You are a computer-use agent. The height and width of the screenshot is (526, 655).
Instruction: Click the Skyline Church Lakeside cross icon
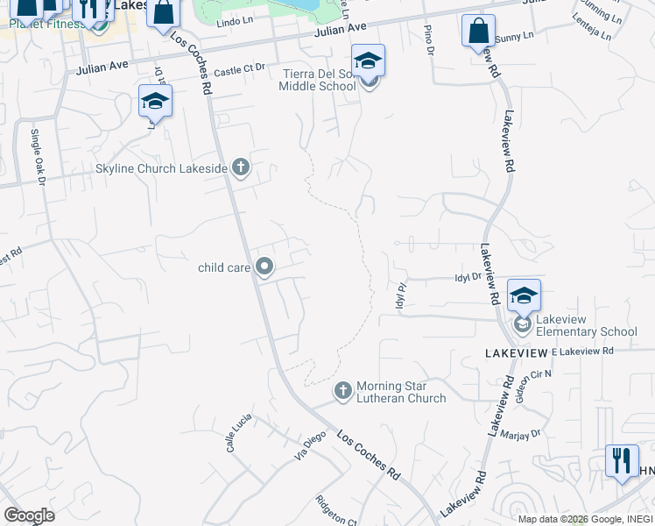(240, 168)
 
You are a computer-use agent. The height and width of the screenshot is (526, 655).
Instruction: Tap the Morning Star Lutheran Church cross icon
(342, 390)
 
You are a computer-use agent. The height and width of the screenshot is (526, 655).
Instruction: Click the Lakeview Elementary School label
(586, 325)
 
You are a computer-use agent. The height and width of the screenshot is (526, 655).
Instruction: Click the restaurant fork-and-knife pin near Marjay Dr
(622, 462)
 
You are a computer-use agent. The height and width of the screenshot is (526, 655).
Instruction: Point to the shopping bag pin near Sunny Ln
(477, 31)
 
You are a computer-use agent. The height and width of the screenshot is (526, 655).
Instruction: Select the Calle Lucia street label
(232, 433)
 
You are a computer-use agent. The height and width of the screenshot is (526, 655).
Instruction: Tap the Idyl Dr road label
(468, 276)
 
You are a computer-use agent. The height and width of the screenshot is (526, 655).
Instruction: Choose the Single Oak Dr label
(38, 158)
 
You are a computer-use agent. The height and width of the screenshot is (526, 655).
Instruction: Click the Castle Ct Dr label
(238, 71)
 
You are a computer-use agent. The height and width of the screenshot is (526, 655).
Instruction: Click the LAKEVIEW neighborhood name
(516, 352)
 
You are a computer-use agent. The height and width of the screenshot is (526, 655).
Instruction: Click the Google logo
(29, 515)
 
